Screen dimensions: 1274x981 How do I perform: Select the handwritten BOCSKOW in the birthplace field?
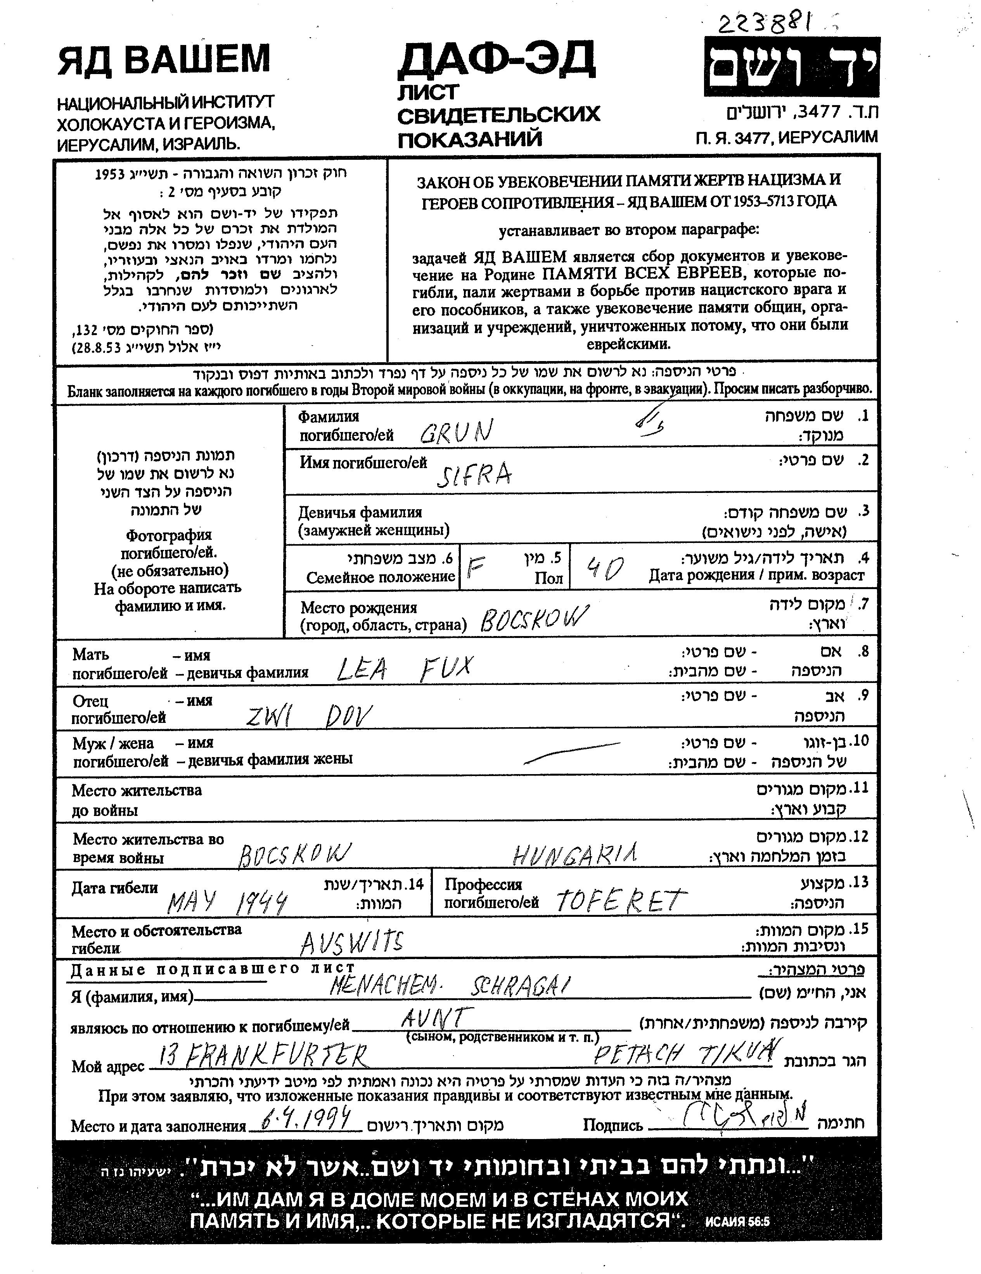click(x=535, y=619)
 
